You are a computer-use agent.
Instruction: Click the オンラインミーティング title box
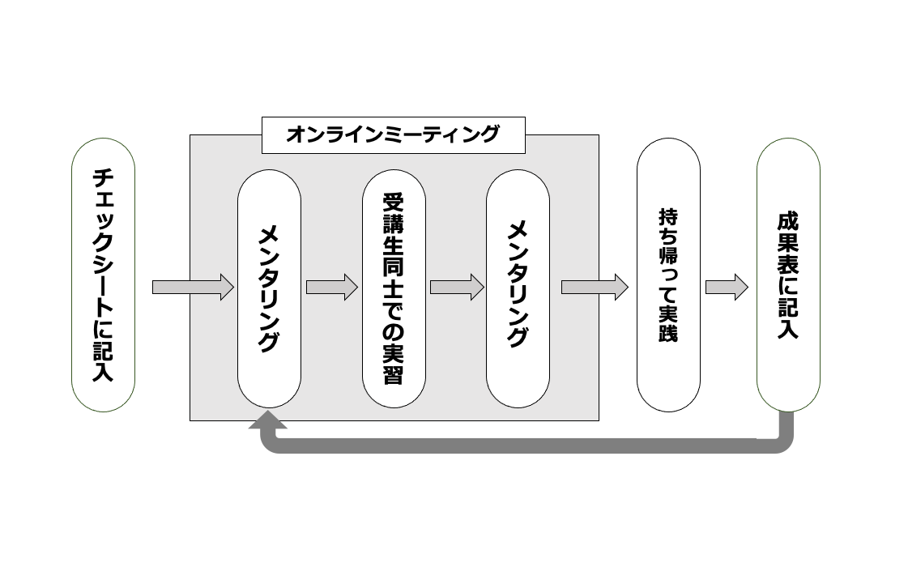click(x=393, y=134)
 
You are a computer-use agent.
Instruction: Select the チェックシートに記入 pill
click(x=104, y=275)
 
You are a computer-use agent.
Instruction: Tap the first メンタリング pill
click(x=269, y=288)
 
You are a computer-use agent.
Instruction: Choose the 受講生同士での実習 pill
click(x=394, y=288)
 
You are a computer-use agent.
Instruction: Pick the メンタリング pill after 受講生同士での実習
click(x=518, y=288)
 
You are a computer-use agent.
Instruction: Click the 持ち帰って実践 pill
click(x=668, y=275)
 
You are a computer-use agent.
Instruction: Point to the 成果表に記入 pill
click(x=788, y=275)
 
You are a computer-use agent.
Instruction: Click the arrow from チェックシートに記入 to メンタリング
click(x=193, y=287)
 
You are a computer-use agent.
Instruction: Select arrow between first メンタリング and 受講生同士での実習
click(x=331, y=287)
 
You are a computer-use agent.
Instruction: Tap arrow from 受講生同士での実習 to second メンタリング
click(x=457, y=287)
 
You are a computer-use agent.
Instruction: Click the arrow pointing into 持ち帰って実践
click(x=595, y=287)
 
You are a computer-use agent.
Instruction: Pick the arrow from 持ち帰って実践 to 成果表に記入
click(x=727, y=287)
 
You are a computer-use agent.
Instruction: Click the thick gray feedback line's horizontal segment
click(x=526, y=445)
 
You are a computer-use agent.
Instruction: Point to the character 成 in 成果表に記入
click(x=788, y=221)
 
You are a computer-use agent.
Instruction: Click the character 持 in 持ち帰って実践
click(x=668, y=217)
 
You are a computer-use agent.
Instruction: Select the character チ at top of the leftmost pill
click(x=104, y=177)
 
